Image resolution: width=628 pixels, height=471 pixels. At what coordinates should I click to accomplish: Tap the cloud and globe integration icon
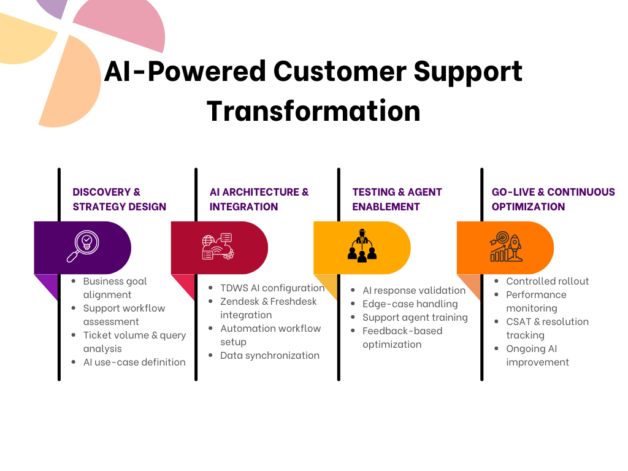218,247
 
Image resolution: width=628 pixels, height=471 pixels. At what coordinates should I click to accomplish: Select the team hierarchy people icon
362,245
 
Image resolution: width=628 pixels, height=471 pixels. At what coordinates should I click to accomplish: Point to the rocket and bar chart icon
506,247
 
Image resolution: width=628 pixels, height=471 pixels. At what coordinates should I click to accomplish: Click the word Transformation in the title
313,112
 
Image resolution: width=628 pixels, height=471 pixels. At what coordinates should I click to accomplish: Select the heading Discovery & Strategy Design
120,199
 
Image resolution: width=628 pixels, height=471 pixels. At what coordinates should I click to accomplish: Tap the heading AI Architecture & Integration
259,199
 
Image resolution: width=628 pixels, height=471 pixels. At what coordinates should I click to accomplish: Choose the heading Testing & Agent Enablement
397,199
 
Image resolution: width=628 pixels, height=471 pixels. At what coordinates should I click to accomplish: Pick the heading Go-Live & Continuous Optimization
553,199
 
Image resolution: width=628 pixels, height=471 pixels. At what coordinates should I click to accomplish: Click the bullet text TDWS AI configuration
272,288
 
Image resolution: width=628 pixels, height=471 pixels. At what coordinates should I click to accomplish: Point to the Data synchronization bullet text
270,356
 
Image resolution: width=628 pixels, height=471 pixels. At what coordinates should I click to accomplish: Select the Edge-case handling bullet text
410,304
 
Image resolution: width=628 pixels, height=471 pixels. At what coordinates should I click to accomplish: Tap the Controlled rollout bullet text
548,281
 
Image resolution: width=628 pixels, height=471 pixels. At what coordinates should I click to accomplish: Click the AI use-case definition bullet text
134,362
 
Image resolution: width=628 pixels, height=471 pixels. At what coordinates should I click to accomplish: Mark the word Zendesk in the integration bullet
240,302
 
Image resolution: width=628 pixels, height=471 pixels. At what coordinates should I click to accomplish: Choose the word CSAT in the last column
519,321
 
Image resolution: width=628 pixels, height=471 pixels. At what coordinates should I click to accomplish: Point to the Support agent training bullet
415,318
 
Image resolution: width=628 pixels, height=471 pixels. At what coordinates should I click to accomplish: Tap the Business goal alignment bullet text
115,288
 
